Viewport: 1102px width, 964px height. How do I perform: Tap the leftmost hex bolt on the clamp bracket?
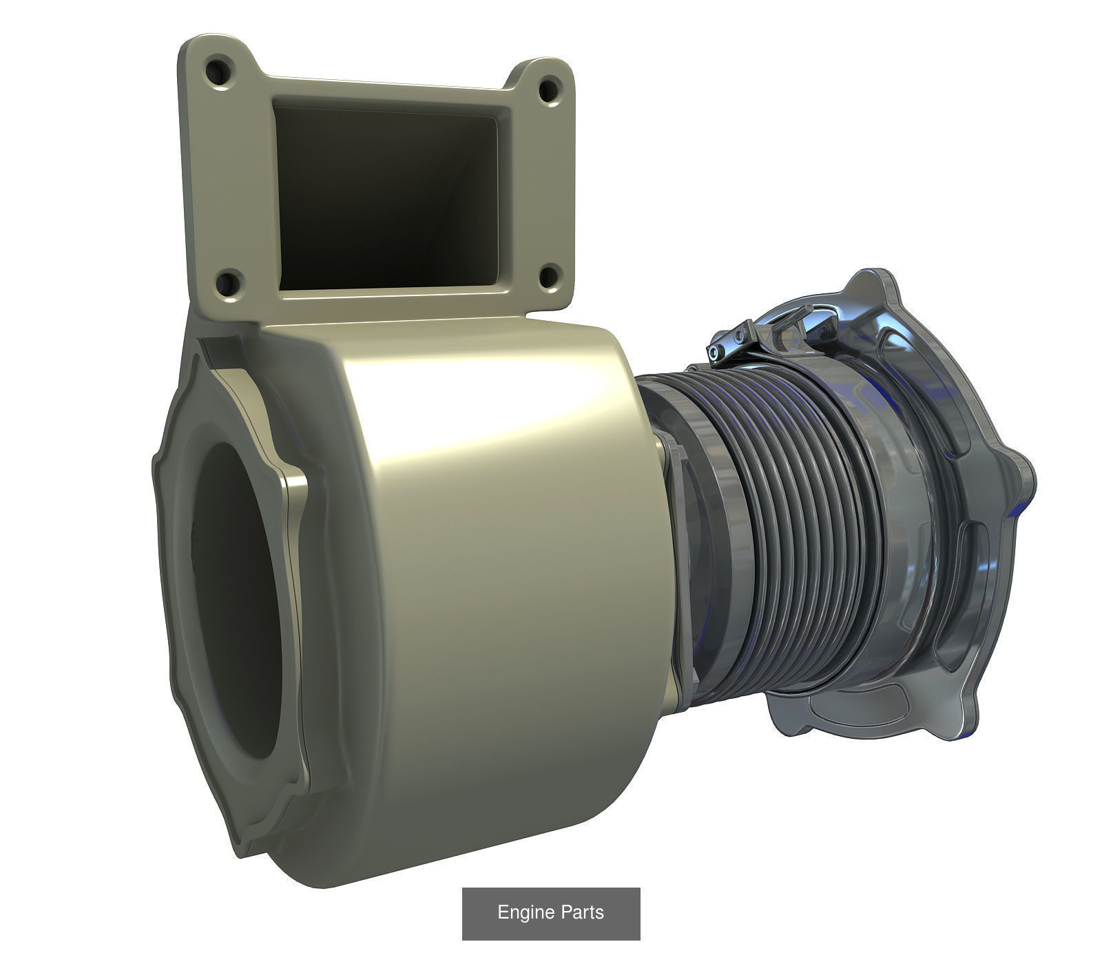pos(717,353)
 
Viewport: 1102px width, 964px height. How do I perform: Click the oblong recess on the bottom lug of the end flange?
pos(854,713)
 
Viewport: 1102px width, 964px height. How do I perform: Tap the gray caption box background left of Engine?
pos(479,912)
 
